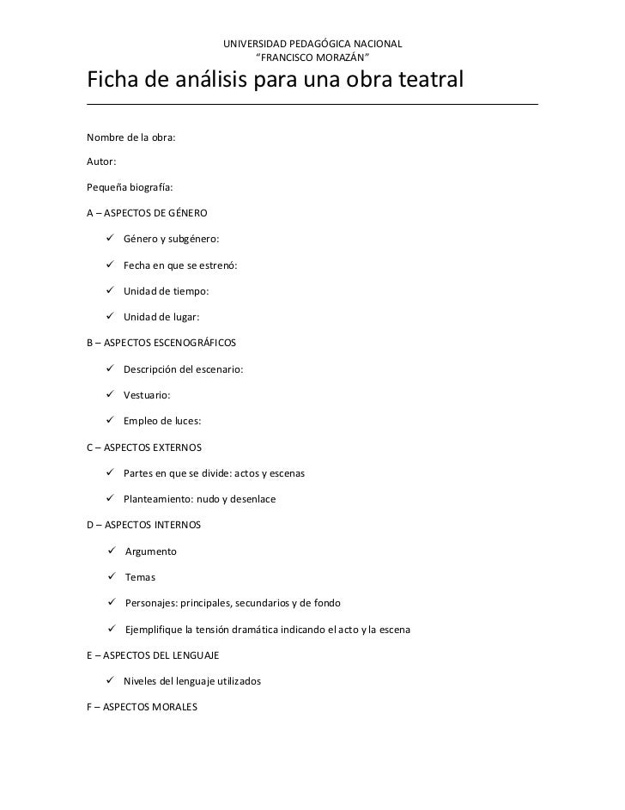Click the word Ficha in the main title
tap(115, 82)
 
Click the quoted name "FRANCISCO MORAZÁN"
tap(312, 58)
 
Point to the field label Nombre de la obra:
tap(131, 137)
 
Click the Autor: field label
tap(102, 161)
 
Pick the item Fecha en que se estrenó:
tap(180, 265)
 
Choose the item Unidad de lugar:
tap(161, 317)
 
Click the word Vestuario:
tap(147, 395)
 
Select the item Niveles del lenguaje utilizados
tap(192, 681)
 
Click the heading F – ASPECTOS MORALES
tap(143, 708)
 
